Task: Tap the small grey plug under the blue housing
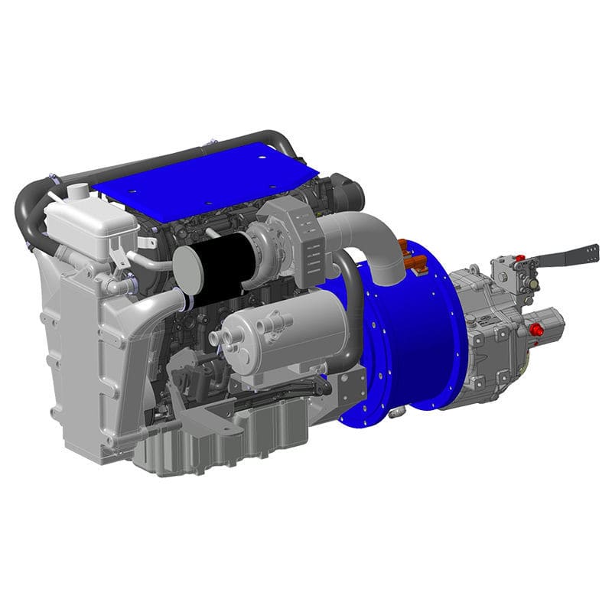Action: [x=397, y=414]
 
